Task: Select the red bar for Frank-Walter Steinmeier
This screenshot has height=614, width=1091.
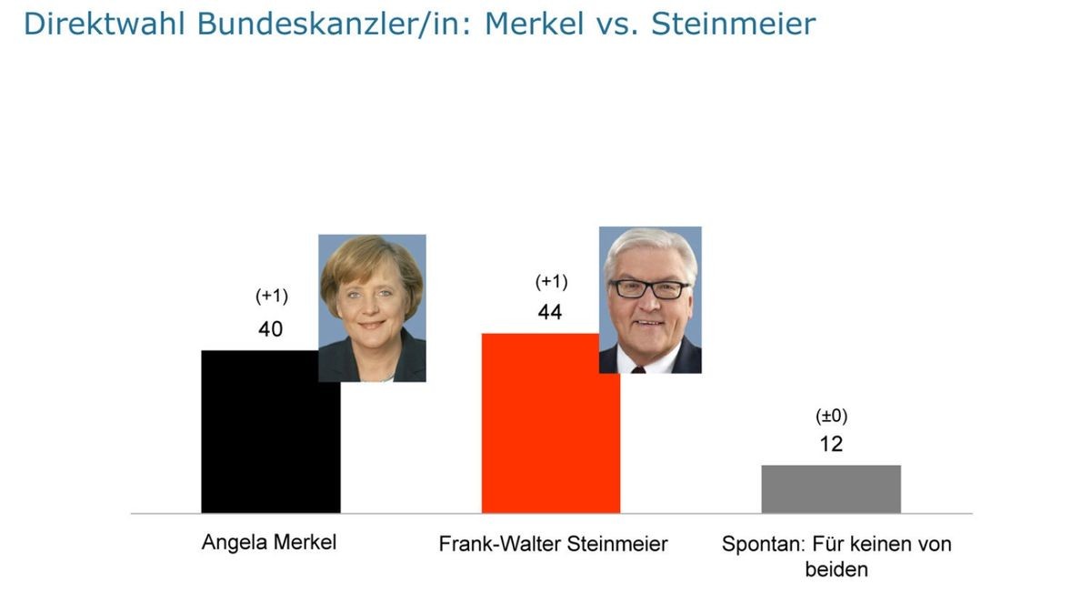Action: [x=550, y=428]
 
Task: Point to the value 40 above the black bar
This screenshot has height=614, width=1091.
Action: [x=270, y=329]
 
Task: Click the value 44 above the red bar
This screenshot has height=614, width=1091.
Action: [x=550, y=313]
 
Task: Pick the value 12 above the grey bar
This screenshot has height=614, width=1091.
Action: [x=831, y=444]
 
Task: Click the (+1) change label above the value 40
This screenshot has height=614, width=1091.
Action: [x=271, y=297]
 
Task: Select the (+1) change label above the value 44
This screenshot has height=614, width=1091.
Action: [x=551, y=281]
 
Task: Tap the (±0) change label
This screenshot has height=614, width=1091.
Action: [x=831, y=417]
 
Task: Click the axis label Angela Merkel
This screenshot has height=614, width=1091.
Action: [x=269, y=543]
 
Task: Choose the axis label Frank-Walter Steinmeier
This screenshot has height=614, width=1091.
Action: [x=553, y=544]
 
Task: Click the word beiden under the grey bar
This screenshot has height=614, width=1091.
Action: [x=836, y=570]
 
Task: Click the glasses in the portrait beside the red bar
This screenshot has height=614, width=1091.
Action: [x=649, y=289]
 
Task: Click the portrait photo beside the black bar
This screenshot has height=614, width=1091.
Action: [x=372, y=307]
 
